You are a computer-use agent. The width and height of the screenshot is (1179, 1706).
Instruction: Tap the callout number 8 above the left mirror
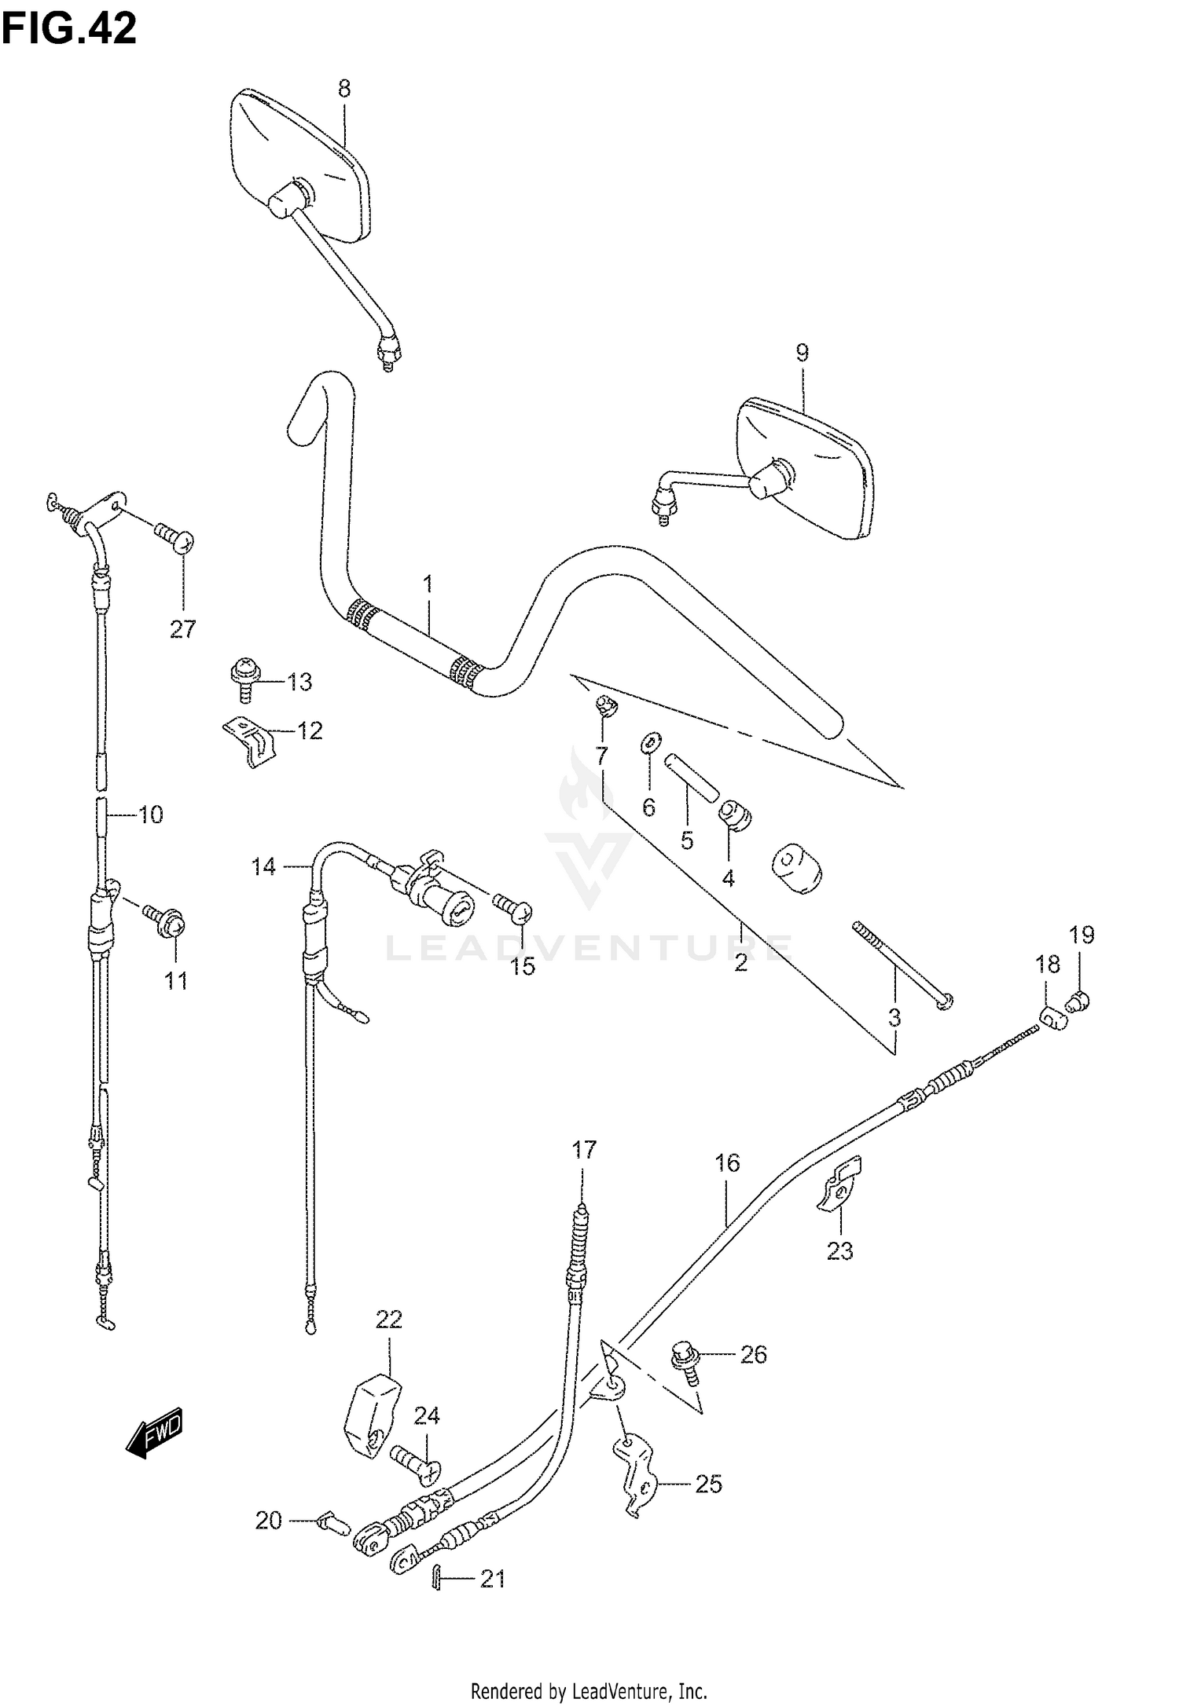tap(343, 89)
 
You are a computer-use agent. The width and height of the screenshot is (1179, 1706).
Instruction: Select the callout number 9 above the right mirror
tap(802, 353)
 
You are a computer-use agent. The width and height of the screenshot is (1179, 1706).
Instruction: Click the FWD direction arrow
tap(156, 1433)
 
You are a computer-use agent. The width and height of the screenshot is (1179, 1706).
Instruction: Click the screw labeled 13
tap(244, 678)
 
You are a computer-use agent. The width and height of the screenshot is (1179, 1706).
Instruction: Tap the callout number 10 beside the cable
tap(150, 815)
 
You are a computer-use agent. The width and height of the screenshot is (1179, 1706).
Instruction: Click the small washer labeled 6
tap(652, 741)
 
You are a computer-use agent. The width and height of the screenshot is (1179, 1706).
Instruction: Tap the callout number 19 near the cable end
tap(1082, 935)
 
